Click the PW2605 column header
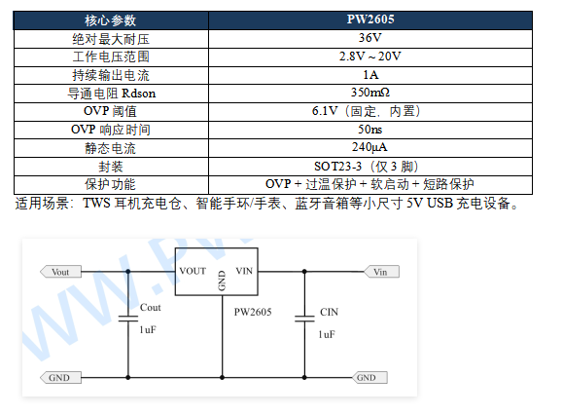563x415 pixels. click(370, 19)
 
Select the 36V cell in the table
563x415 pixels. click(370, 38)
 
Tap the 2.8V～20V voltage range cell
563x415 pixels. click(370, 57)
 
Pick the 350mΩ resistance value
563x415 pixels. click(370, 93)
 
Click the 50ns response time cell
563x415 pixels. click(370, 130)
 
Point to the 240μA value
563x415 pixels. click(369, 147)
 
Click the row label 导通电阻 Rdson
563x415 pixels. click(111, 94)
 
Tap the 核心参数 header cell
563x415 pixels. click(111, 20)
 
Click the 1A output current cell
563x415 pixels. click(370, 75)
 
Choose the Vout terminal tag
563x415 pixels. click(60, 272)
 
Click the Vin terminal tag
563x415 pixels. click(381, 272)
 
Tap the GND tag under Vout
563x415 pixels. click(60, 378)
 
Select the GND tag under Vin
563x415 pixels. click(369, 378)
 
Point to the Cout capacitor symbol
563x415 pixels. click(128, 319)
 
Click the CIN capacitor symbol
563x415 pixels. click(304, 319)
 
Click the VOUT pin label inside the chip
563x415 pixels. click(193, 271)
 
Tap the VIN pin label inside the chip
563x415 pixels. click(244, 271)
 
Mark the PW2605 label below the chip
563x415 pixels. click(253, 312)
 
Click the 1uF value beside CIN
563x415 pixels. click(327, 334)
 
